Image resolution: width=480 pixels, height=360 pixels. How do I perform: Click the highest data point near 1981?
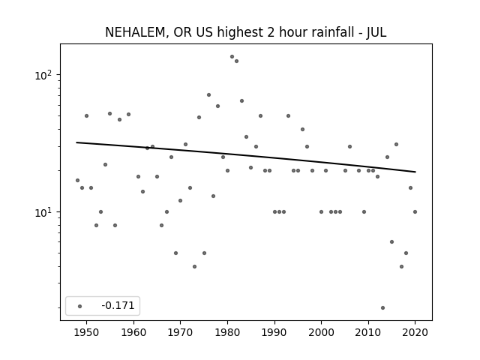232,57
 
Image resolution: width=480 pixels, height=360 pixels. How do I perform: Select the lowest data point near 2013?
382,307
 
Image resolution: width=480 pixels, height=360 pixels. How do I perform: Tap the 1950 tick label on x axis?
87,332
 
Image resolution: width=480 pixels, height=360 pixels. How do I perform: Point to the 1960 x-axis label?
133,332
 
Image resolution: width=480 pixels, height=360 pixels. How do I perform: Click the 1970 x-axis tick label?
180,332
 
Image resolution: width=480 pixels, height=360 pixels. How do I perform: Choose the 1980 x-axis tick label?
227,332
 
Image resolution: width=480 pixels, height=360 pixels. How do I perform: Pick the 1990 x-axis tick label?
274,332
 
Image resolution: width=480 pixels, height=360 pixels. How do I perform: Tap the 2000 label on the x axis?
321,332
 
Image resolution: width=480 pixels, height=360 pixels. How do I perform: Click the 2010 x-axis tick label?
368,332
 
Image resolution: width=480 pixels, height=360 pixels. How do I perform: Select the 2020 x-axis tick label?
415,332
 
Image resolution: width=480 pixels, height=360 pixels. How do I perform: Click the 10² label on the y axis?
43,75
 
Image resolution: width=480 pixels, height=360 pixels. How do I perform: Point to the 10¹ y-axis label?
43,212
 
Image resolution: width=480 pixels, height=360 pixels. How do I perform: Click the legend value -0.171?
118,305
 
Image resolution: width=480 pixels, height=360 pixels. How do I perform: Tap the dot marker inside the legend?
80,306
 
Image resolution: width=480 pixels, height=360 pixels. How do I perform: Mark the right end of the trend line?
415,172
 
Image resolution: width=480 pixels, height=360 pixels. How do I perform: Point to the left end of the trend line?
76,142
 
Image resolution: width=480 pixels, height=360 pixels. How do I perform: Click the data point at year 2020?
415,211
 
